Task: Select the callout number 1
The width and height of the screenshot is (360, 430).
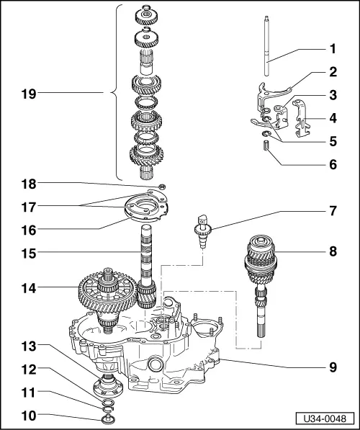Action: (333, 50)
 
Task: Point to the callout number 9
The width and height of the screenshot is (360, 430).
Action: (333, 366)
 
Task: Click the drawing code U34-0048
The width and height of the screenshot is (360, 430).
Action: (325, 418)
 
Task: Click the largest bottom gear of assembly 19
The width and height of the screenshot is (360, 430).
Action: (147, 154)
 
